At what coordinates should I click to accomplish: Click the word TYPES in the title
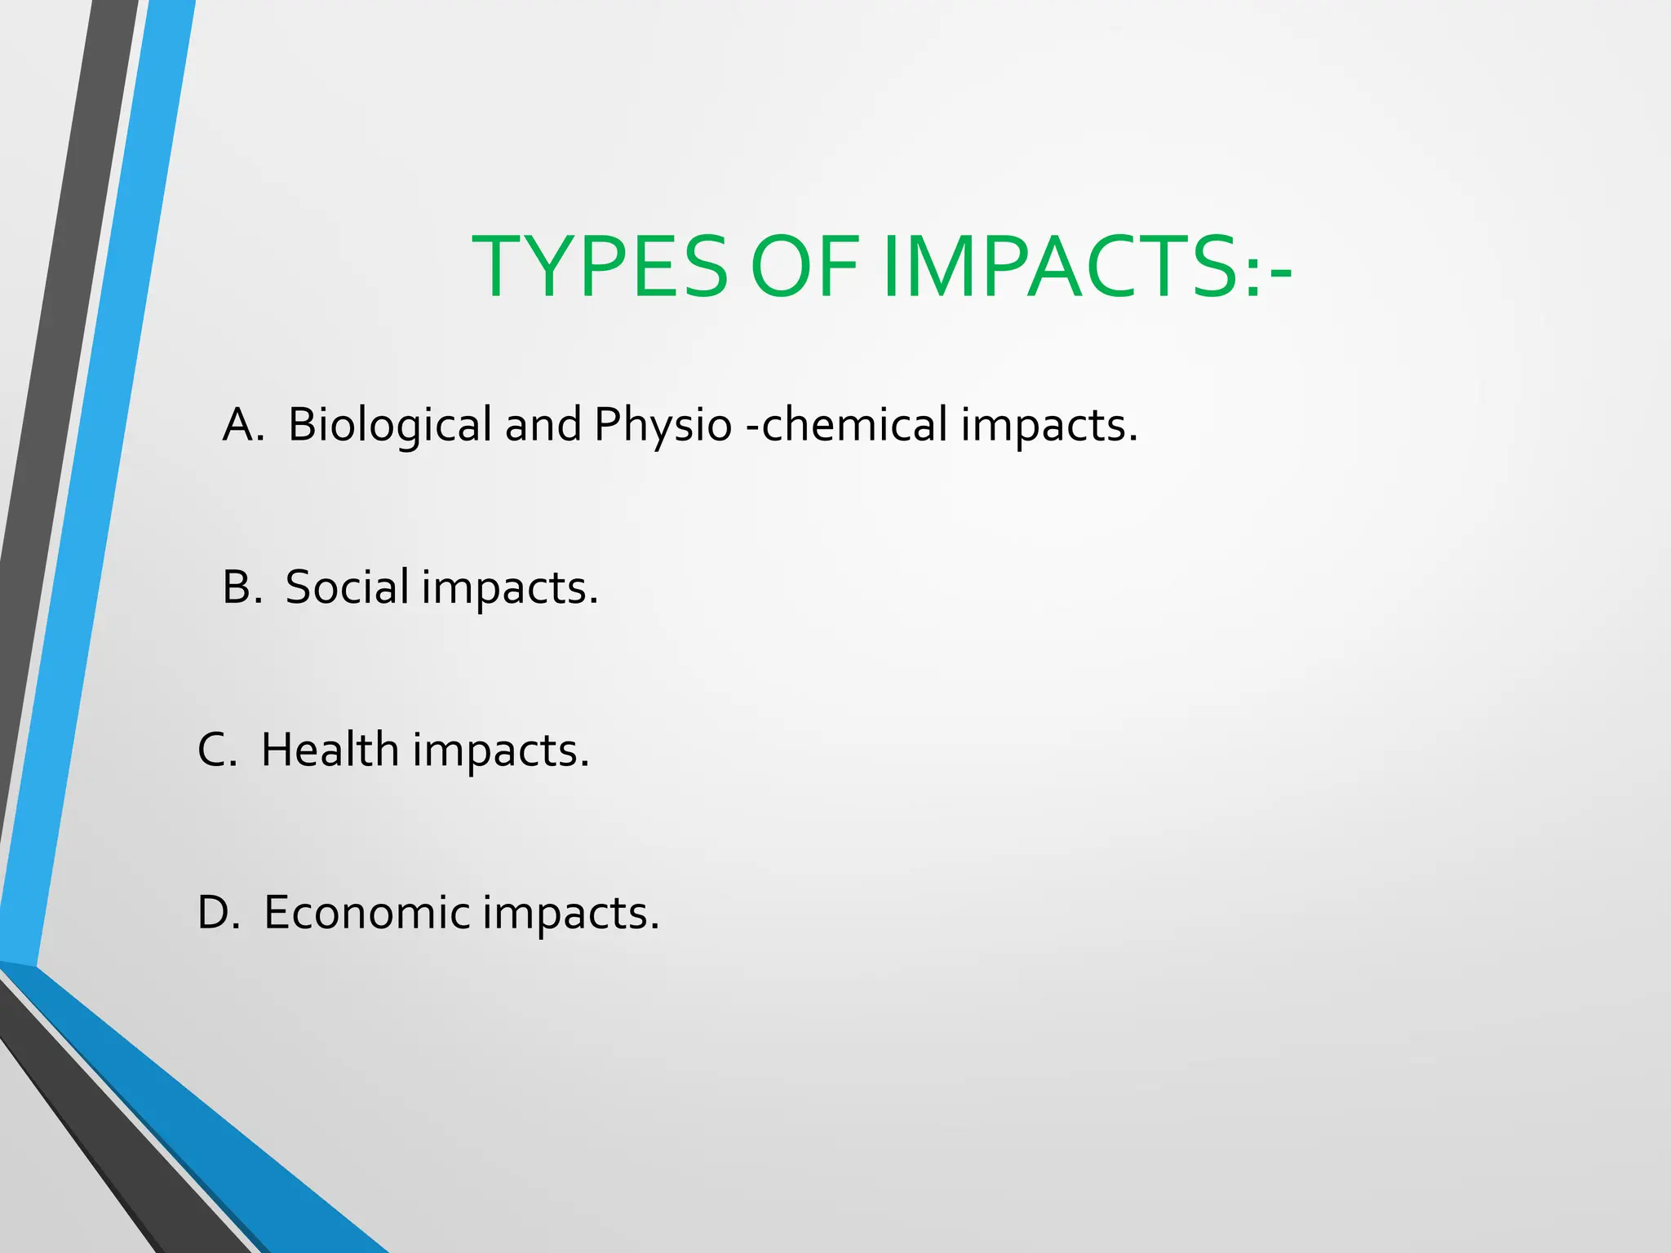(x=600, y=267)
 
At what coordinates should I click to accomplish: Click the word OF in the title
(x=804, y=267)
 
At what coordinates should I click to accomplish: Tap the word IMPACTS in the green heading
(x=1061, y=267)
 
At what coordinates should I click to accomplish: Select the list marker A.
(x=242, y=425)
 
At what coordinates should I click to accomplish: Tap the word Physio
(x=663, y=425)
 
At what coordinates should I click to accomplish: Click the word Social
(x=347, y=587)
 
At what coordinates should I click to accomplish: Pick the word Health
(x=330, y=750)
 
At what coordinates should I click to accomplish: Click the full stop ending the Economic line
(x=654, y=928)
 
